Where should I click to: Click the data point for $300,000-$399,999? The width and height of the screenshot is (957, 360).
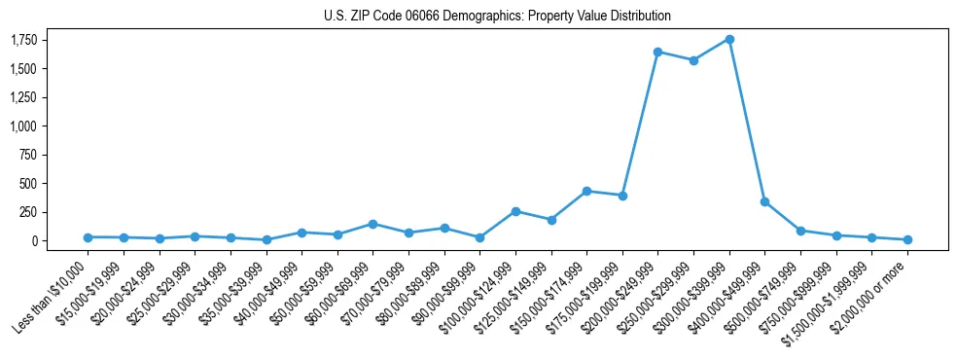point(729,39)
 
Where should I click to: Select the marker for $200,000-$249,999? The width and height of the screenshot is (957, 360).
point(658,52)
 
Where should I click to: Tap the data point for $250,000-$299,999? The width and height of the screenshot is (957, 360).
point(693,60)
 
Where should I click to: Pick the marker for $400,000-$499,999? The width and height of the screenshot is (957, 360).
point(765,201)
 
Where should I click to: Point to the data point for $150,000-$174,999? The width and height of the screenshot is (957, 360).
point(586,191)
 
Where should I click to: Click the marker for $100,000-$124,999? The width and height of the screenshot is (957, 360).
point(515,211)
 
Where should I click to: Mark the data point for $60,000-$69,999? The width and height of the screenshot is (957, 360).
point(372,224)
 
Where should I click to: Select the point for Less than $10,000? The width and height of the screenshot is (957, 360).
point(88,237)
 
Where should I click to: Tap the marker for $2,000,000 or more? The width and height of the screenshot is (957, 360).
point(907,239)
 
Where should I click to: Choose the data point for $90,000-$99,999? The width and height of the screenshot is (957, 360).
point(479,237)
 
